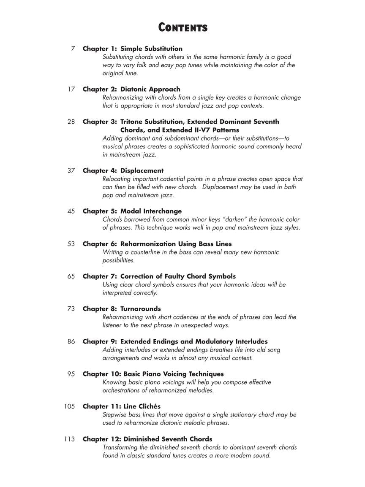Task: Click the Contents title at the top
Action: (182, 28)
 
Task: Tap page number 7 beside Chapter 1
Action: (73, 49)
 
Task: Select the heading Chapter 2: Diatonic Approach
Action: (131, 89)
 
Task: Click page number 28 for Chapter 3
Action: (71, 122)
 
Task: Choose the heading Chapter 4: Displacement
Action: (123, 170)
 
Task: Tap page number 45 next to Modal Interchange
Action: (71, 211)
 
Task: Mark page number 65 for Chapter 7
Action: (71, 276)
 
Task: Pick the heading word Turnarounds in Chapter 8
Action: (141, 309)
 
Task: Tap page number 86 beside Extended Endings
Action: (71, 341)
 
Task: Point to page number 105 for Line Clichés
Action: (69, 406)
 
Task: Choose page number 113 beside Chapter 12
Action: (69, 439)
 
